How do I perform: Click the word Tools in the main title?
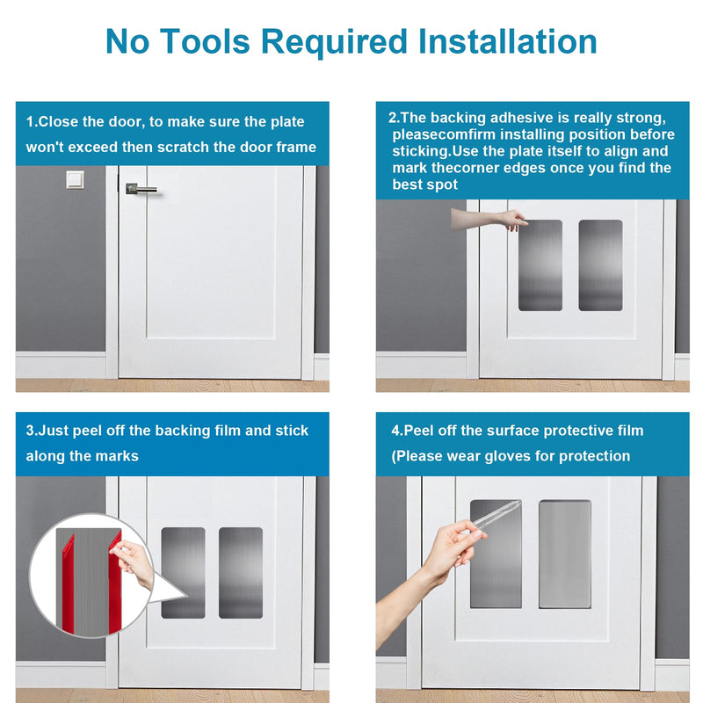205,41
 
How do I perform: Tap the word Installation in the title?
508,41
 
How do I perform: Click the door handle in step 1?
141,189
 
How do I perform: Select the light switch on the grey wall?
75,180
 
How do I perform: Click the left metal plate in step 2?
540,265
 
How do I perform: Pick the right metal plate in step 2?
600,265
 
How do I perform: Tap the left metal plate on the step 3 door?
183,573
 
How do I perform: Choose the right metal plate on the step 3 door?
241,573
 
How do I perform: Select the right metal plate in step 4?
565,554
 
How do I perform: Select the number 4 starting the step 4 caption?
395,431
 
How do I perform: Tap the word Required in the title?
334,42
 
